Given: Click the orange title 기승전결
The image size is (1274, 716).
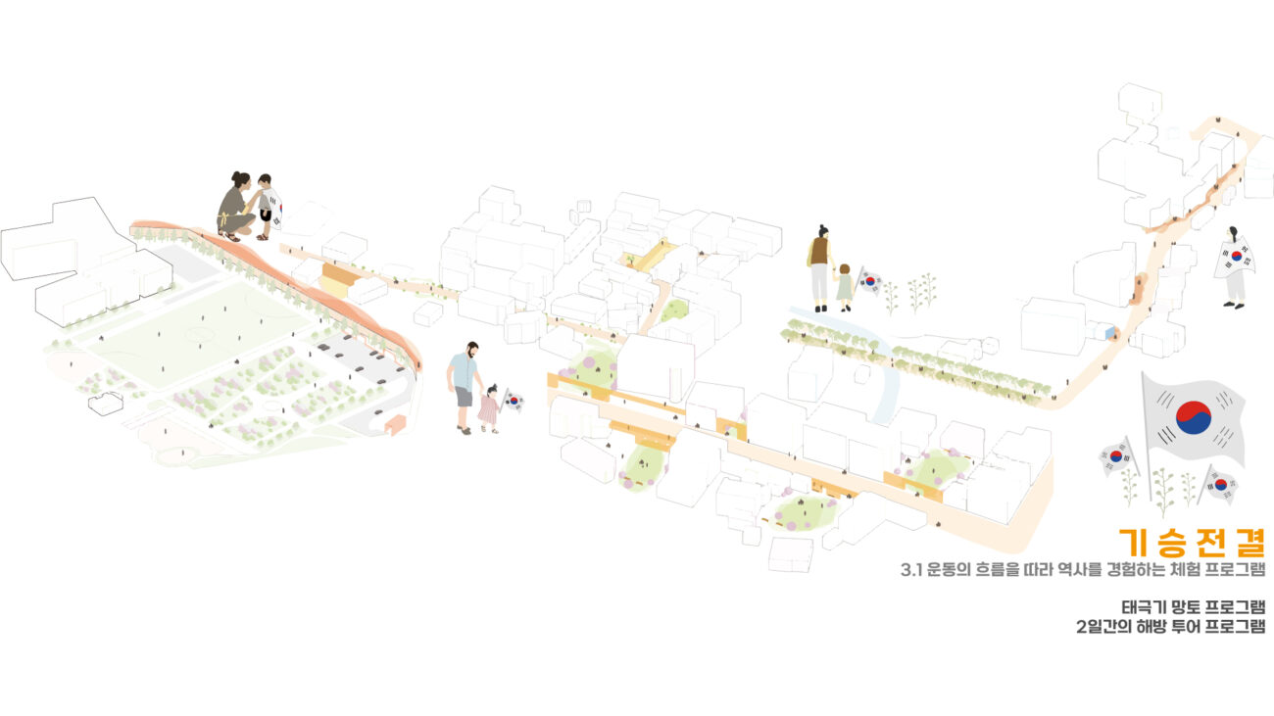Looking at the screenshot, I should click(x=1192, y=541).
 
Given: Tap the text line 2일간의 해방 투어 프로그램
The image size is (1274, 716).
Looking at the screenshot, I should click(x=1170, y=627).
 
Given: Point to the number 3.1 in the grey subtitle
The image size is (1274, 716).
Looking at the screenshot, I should click(x=910, y=570).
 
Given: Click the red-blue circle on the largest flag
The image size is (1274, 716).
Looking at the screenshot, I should click(x=1193, y=417).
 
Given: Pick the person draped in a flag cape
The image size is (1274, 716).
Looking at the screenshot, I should click(x=1234, y=265).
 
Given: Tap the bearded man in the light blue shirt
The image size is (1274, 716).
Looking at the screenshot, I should click(x=464, y=385).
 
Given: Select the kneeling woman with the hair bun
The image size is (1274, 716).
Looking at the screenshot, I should click(x=234, y=207).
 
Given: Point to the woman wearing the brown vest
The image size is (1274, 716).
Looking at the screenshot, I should click(x=818, y=265).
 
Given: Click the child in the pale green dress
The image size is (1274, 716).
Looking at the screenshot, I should click(x=844, y=286).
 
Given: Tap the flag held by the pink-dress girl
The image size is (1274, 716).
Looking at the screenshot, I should click(x=514, y=400).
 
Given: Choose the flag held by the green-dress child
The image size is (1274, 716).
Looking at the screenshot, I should click(x=869, y=282).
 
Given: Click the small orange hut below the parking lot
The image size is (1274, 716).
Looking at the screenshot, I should click(x=395, y=424).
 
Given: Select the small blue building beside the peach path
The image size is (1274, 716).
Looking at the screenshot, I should click(x=1109, y=334).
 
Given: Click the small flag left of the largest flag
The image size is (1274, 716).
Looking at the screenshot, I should click(x=1116, y=455).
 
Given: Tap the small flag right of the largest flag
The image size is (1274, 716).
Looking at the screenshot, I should click(x=1221, y=483).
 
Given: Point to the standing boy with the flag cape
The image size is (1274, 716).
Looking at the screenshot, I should click(x=266, y=206).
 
